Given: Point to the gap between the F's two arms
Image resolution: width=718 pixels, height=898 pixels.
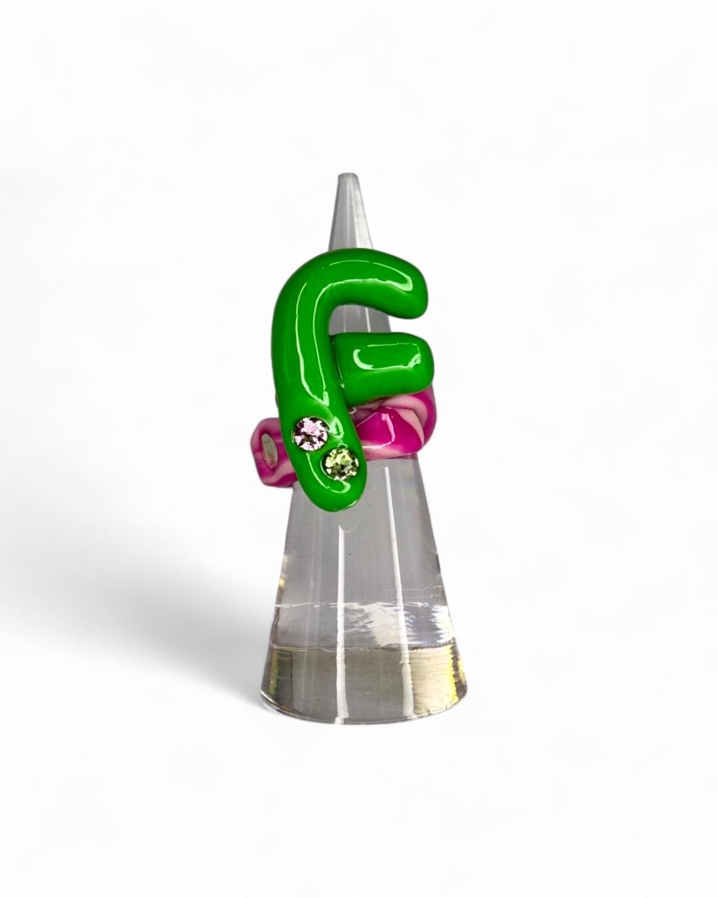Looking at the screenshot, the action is click(376, 319).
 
